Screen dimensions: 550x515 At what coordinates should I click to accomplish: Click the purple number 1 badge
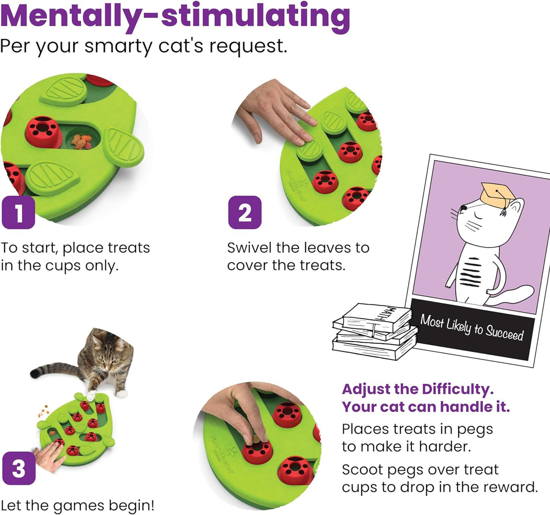(18, 213)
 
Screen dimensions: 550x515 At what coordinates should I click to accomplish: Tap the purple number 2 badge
(245, 213)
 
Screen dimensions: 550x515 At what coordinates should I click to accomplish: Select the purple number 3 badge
(19, 468)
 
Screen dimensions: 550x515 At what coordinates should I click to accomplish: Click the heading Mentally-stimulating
(175, 15)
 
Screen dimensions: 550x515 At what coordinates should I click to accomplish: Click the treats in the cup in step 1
(81, 141)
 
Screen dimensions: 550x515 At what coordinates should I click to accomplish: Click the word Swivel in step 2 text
(250, 248)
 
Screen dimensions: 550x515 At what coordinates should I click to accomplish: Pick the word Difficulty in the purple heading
(457, 389)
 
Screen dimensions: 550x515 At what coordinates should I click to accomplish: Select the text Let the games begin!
(77, 506)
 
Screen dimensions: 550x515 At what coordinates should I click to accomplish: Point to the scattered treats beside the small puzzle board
(43, 411)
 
